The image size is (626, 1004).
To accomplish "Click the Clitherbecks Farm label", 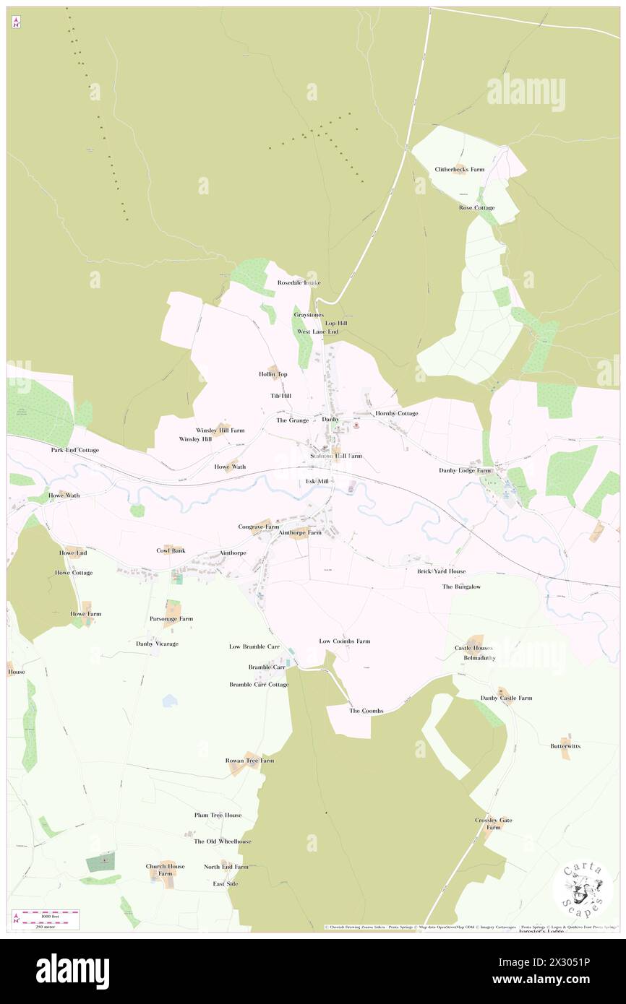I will tap(460, 170).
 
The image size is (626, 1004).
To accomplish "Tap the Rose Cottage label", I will tap(476, 208).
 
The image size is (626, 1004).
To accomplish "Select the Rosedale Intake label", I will tap(299, 282).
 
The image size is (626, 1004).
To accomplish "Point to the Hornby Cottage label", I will tap(396, 413).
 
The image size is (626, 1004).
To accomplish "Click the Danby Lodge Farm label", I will tap(465, 470).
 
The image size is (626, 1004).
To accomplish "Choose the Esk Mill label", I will tap(317, 481).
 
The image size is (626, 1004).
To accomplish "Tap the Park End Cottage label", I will tap(74, 450).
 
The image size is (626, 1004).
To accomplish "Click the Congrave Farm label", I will tap(259, 527).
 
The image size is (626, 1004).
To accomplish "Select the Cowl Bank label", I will tap(171, 550).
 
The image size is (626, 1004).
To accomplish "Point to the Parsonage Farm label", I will tap(171, 619).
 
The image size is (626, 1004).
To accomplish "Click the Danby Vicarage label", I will tap(157, 644).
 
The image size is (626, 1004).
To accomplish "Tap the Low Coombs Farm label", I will tap(345, 641).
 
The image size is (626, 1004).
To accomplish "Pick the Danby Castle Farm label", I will tap(506, 698).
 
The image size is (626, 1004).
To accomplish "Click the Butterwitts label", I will tap(565, 746).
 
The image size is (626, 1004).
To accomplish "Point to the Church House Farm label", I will tap(166, 870).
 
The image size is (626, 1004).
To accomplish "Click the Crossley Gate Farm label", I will tap(494, 823).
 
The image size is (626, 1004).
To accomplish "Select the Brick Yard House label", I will tap(442, 571).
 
